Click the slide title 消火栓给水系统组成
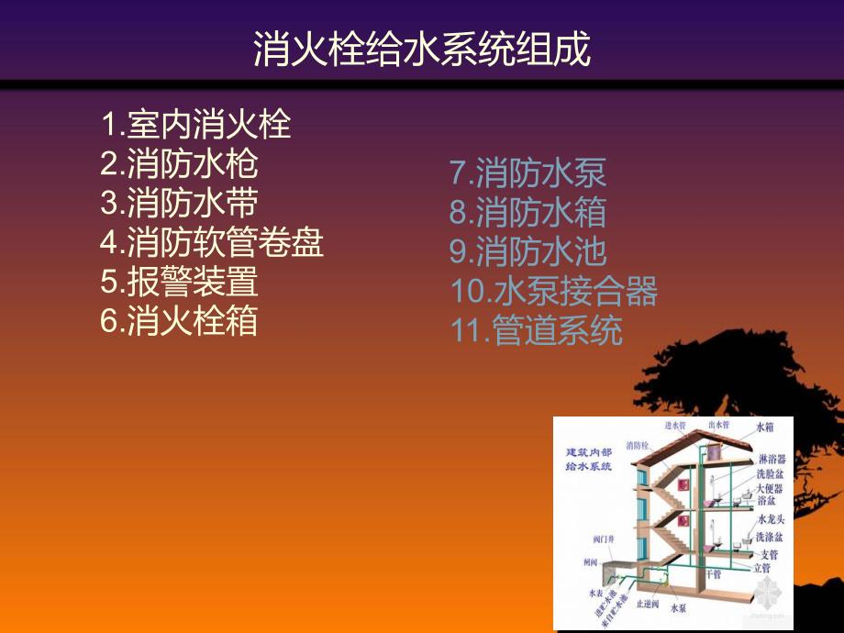click(422, 51)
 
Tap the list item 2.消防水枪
click(179, 163)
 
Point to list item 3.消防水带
click(179, 203)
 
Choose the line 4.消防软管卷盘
click(212, 242)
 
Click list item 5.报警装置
click(179, 282)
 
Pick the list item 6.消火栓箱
click(179, 321)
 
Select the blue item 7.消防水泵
click(527, 172)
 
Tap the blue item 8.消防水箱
click(527, 212)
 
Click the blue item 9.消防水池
click(527, 251)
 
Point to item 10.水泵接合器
click(553, 291)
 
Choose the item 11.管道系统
click(536, 330)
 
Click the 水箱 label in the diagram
click(765, 428)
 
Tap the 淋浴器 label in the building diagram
click(770, 459)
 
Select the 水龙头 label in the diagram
click(770, 519)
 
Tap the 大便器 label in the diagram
click(770, 488)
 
